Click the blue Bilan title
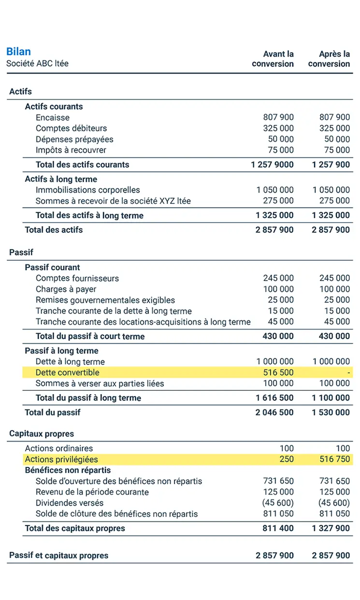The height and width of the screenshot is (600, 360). pos(18,52)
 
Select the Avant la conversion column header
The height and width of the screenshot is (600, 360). pos(273,59)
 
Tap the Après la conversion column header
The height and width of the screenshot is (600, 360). pos(329,59)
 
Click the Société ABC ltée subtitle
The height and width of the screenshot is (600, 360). pos(37,64)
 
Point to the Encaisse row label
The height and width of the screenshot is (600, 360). pos(53,117)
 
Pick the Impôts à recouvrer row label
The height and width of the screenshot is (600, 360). pos(71,150)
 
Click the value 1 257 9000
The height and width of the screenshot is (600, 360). pos(272,165)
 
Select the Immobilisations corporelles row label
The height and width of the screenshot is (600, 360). pos(88,190)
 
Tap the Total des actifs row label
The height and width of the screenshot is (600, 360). pos(54,230)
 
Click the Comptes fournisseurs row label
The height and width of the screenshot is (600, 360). pos(77,278)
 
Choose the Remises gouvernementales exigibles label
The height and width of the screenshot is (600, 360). pos(105,300)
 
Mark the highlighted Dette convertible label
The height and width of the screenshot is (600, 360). pos(68,372)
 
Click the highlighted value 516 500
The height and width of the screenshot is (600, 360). pos(279,372)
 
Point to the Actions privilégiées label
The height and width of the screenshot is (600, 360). pos(61,459)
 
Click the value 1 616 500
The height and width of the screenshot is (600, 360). pos(274,398)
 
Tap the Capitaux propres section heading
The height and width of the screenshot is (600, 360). pos(42,434)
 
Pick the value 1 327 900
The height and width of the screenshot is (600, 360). pos(331,529)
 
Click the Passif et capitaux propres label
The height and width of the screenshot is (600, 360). pos(59,556)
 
